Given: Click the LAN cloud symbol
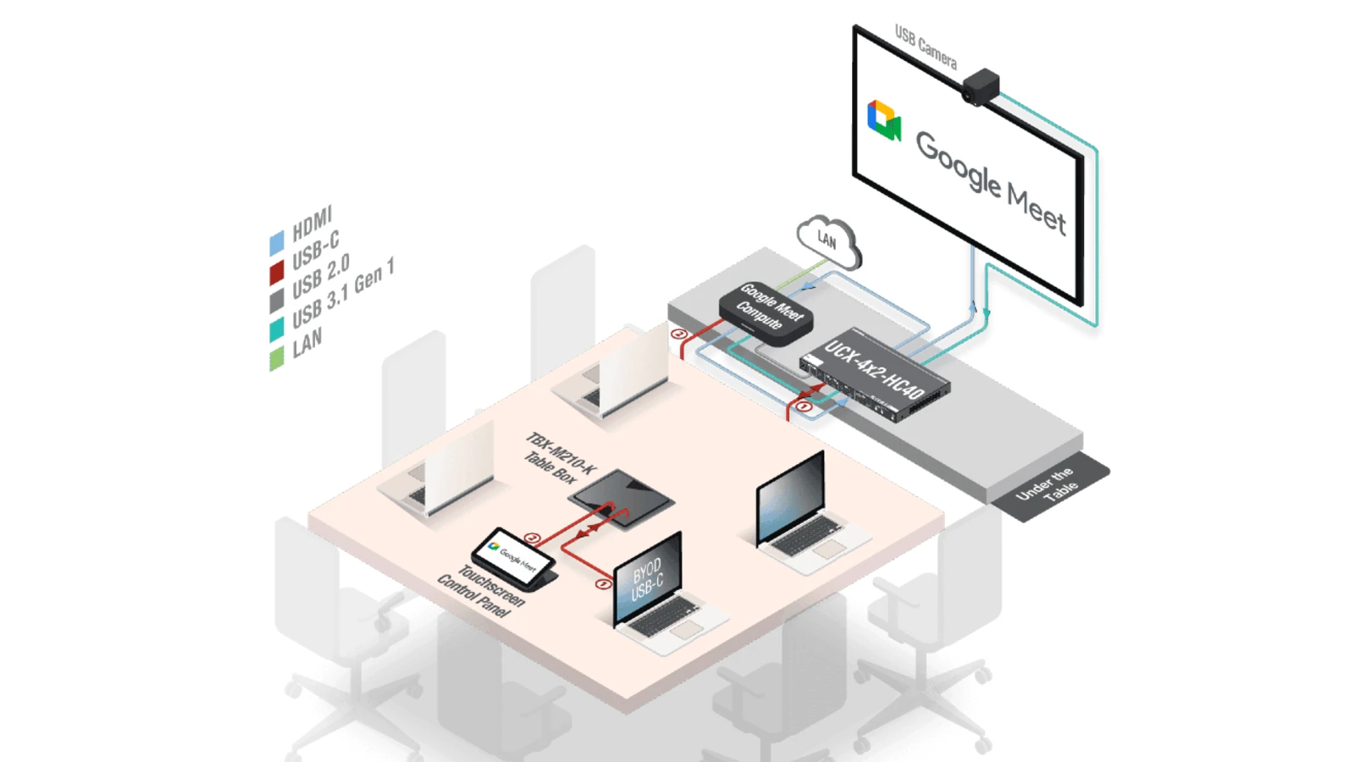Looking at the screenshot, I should (827, 241).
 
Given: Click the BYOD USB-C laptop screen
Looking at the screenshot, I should (648, 579).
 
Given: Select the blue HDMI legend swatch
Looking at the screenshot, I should (277, 243).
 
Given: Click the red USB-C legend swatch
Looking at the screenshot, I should (277, 272).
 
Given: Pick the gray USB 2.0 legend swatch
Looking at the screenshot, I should (277, 301).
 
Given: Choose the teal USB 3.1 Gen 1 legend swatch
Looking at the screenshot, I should (277, 329).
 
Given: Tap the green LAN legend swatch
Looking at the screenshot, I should (277, 358).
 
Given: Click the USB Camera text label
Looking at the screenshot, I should (926, 47).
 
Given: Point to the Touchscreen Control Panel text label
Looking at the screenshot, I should (480, 591).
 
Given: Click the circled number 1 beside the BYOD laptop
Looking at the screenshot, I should (603, 584).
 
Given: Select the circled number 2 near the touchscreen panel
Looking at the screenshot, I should (532, 538).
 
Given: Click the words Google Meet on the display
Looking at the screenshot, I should (990, 181).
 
